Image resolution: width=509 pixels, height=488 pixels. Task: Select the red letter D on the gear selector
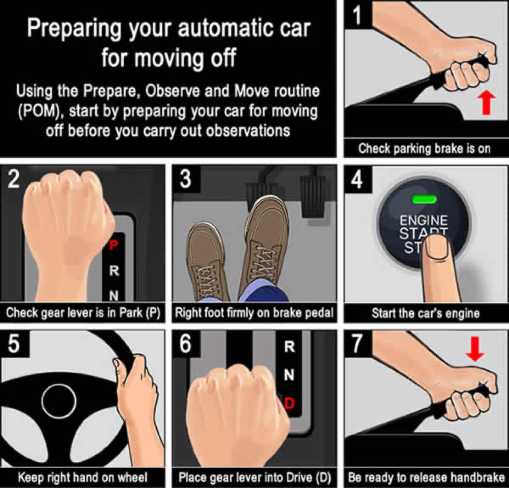[x=289, y=403]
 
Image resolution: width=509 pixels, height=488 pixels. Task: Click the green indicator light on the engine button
[x=424, y=199]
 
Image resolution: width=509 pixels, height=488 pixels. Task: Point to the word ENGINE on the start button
[x=424, y=221]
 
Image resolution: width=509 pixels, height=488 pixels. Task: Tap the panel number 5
[x=14, y=345]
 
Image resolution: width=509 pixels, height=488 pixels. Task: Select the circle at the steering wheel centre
[x=59, y=401]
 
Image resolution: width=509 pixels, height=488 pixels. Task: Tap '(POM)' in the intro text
[x=42, y=111]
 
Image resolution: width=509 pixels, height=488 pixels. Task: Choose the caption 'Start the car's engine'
[x=425, y=313]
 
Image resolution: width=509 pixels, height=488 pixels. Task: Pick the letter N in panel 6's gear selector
[x=289, y=375]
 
